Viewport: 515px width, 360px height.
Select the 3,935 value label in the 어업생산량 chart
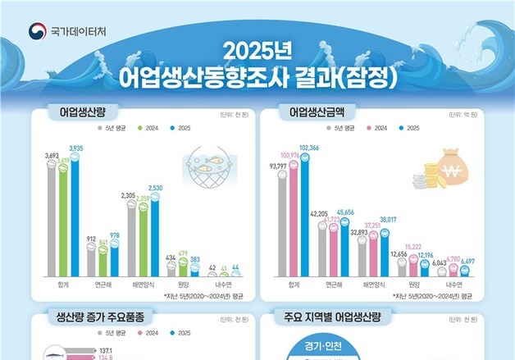76,148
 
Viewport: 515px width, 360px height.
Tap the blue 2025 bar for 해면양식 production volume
157,234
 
